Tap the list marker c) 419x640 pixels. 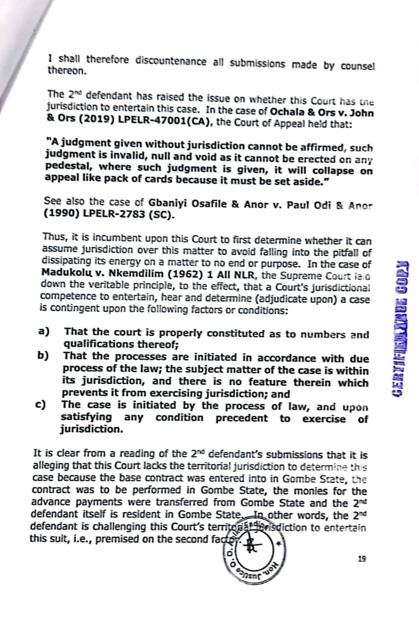(x=41, y=405)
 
